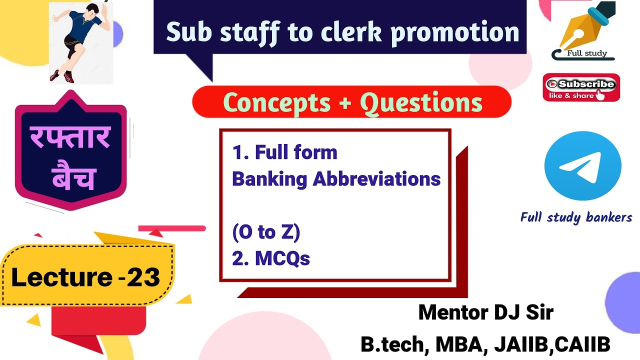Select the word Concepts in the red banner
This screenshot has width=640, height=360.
coord(276,102)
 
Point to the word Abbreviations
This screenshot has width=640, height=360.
coord(376,179)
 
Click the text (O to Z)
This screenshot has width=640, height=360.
coord(265,232)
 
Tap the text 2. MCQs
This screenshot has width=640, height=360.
coord(271,258)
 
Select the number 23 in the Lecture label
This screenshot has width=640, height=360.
coord(143,277)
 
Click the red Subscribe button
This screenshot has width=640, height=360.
coord(581,87)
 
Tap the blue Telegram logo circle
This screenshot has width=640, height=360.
coord(582,166)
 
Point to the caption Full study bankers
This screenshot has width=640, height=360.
coord(576,217)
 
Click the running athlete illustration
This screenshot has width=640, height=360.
coord(80,42)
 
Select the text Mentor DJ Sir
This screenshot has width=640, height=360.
coord(485,313)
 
